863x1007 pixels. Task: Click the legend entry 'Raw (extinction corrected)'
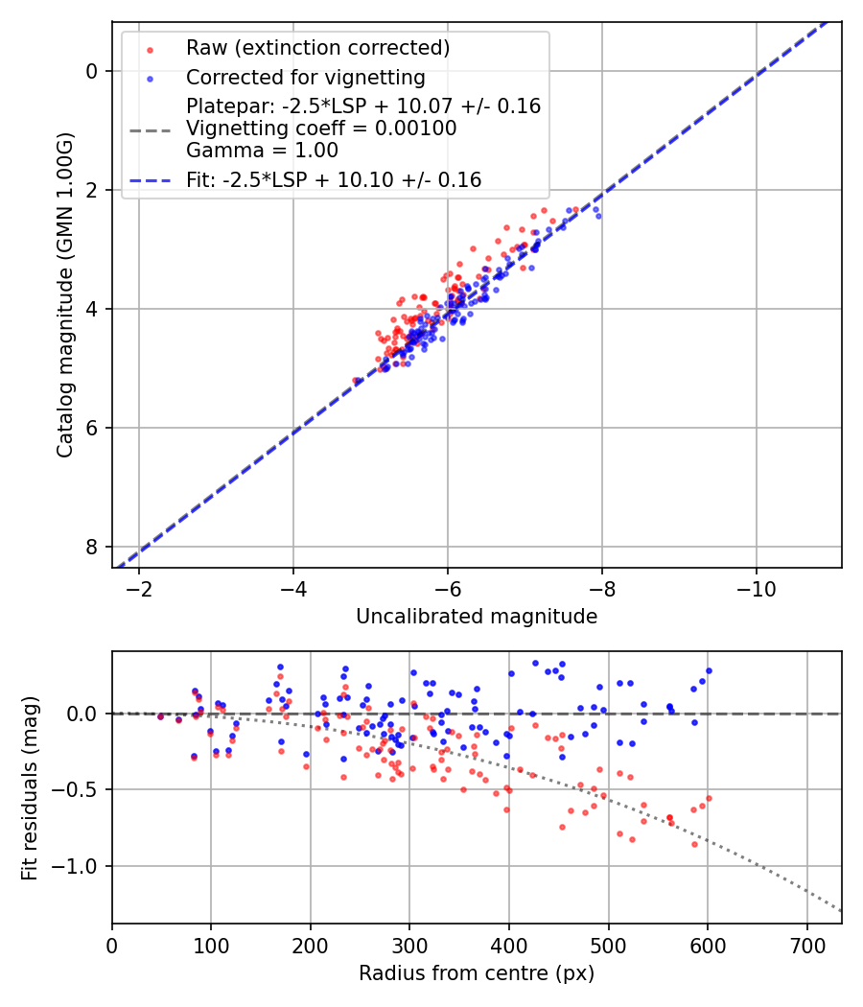point(317,48)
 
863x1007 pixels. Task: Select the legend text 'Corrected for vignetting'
point(305,77)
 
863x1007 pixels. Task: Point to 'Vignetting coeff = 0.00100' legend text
point(321,128)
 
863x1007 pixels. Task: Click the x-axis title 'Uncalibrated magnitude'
point(477,617)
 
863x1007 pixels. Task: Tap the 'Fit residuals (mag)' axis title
point(30,786)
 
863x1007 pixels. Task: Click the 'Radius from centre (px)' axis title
point(477,973)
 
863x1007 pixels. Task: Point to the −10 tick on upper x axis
point(756,587)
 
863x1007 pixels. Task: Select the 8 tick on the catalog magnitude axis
point(91,547)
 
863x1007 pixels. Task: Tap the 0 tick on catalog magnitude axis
point(91,71)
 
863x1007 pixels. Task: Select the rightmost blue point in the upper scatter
point(598,216)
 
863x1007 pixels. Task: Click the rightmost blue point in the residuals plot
point(709,671)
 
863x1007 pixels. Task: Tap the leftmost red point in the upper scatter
point(355,381)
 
